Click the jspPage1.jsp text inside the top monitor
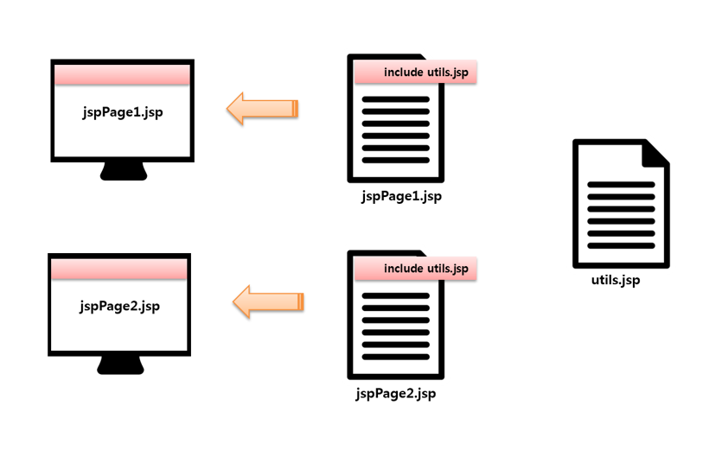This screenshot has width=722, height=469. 121,112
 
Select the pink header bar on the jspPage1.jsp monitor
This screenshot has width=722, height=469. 121,75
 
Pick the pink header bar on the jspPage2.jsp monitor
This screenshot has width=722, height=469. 118,269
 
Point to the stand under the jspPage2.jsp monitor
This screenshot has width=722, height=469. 119,364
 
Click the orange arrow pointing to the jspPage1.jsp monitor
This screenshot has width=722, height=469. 262,109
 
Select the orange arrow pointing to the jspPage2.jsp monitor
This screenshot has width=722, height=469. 269,302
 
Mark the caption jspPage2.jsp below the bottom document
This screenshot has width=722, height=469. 395,394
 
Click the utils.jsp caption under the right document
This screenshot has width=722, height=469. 618,280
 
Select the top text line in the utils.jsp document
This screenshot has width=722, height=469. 621,185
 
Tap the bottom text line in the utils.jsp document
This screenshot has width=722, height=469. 621,245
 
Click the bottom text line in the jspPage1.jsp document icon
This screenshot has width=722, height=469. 395,160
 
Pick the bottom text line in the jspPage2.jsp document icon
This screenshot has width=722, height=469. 395,357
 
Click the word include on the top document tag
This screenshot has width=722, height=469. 404,73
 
